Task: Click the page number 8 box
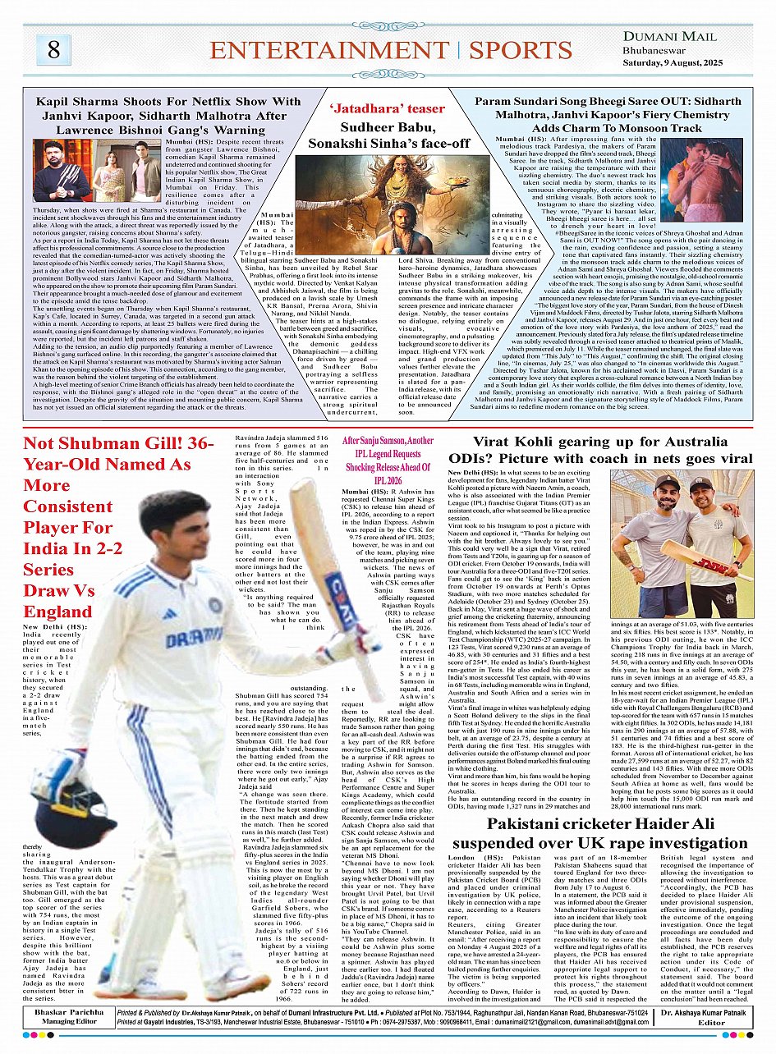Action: click(x=53, y=50)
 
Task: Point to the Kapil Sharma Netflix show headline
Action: click(x=169, y=116)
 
